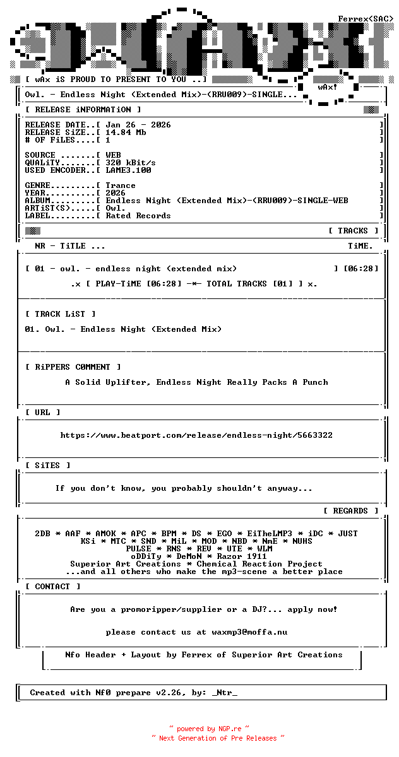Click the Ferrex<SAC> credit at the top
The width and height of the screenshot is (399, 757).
tap(366, 19)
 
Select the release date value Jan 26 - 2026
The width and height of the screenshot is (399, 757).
tap(138, 125)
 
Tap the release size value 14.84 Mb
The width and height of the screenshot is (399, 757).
tap(126, 132)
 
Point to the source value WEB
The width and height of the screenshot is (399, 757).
tap(113, 155)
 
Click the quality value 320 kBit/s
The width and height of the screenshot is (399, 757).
tap(131, 163)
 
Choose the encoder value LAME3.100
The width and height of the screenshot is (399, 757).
tap(128, 170)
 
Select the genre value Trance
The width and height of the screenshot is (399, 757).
tap(121, 185)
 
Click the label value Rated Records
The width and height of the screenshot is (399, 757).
tap(138, 216)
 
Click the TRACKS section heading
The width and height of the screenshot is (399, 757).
tap(353, 231)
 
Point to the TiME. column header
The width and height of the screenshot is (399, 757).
tap(360, 246)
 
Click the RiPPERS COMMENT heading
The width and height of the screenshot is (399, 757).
tap(73, 367)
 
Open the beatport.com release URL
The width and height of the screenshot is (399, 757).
tap(196, 435)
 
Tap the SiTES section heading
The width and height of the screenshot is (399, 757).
tap(47, 466)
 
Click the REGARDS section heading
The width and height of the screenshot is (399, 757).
tap(350, 511)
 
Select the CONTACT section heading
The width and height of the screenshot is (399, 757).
tap(52, 587)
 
